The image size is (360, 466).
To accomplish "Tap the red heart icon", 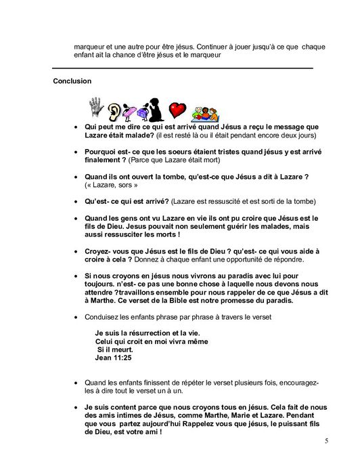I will click(x=177, y=110).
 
